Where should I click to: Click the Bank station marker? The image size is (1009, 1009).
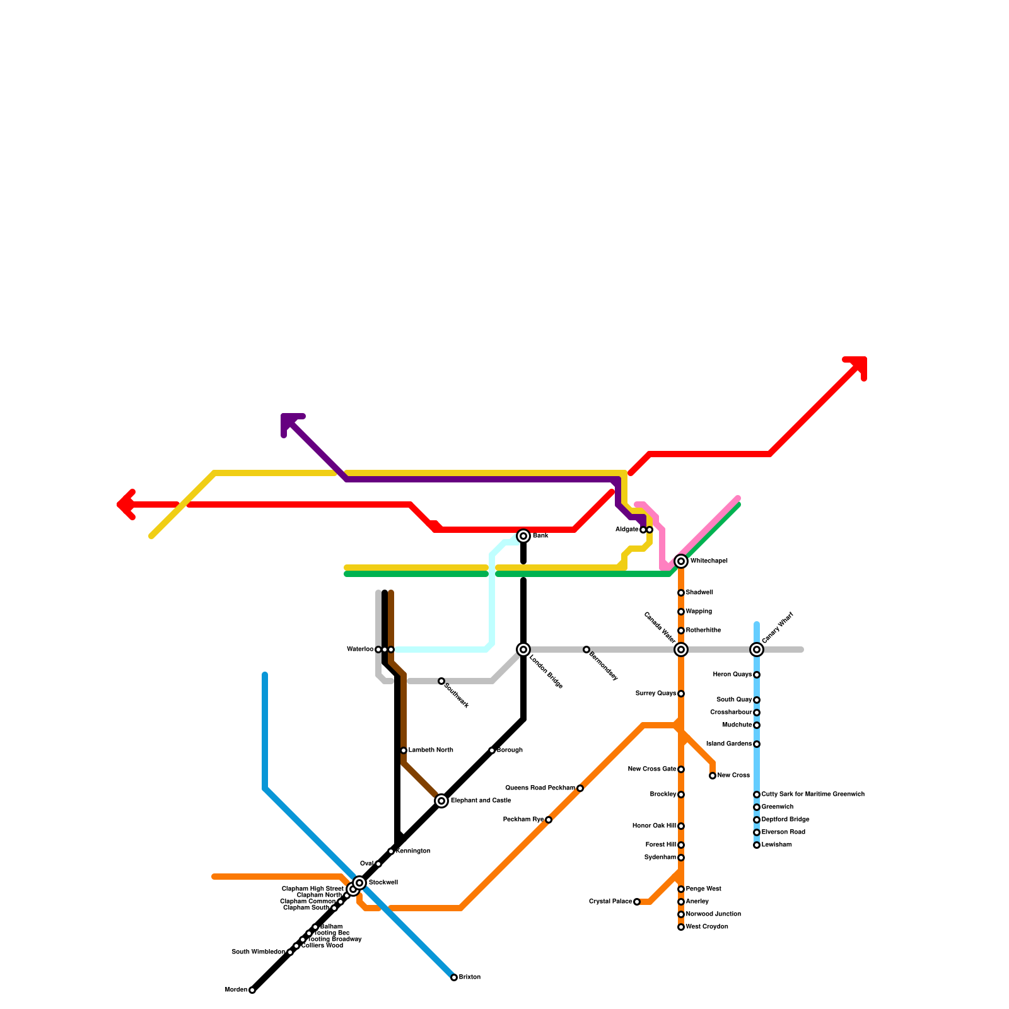(x=523, y=536)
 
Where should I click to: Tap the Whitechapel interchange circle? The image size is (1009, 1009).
(x=681, y=561)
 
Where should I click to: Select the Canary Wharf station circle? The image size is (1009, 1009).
(x=757, y=650)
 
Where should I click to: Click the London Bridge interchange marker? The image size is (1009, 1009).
(x=523, y=650)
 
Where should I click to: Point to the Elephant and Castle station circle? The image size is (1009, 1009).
(x=441, y=801)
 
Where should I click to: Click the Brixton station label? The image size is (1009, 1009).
(x=470, y=977)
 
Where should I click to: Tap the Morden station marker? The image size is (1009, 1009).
(x=252, y=990)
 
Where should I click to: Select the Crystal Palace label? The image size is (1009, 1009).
(x=610, y=902)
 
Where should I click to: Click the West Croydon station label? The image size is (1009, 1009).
(x=707, y=927)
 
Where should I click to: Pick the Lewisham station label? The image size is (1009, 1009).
(x=776, y=845)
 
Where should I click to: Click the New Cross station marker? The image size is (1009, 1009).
(x=713, y=776)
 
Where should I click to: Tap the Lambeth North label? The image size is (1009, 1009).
(x=431, y=750)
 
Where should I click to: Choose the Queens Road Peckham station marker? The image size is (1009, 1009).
(x=580, y=788)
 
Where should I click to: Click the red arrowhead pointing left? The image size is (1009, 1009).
(x=124, y=504)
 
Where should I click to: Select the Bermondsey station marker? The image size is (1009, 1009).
(x=586, y=650)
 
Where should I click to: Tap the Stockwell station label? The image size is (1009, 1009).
(x=383, y=883)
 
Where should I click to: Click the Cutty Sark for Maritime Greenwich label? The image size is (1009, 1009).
(x=813, y=795)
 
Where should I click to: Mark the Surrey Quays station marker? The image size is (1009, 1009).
(x=681, y=694)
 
